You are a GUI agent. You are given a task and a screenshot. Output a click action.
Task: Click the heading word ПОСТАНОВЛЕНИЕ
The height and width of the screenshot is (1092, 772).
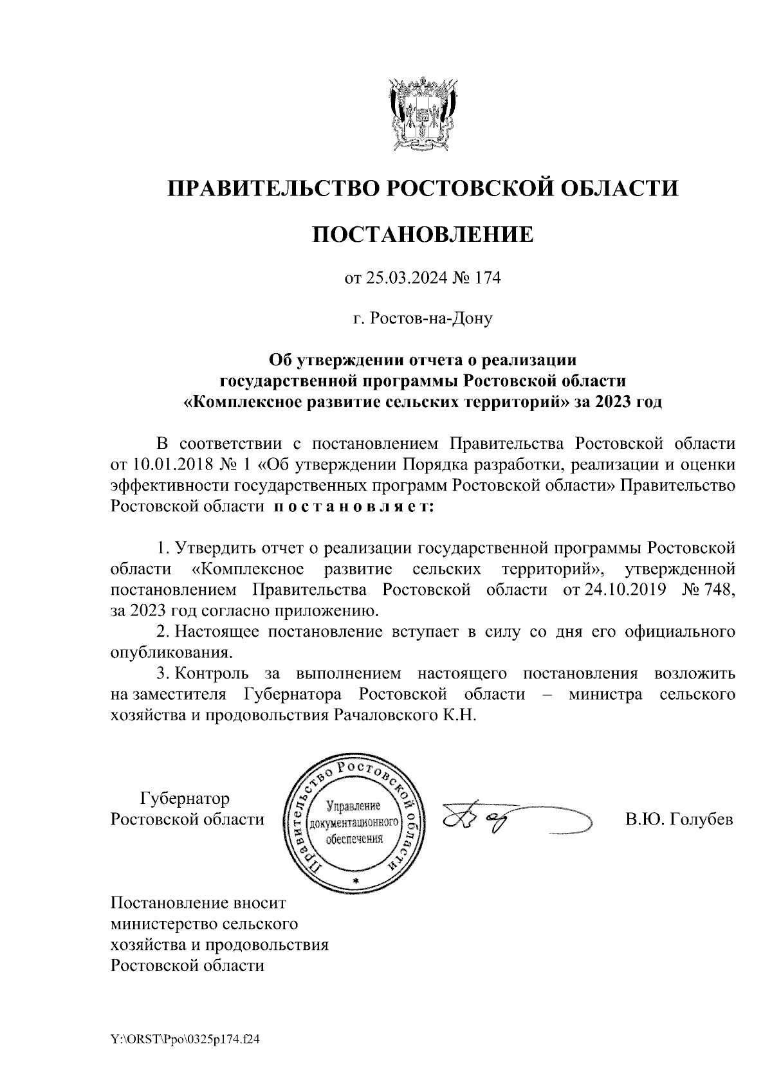point(423,234)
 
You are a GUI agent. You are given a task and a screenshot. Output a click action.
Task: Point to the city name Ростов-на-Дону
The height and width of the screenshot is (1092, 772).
point(430,318)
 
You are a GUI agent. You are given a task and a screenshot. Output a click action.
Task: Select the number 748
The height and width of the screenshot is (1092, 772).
point(717,590)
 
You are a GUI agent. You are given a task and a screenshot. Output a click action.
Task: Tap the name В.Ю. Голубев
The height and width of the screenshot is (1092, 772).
point(679,820)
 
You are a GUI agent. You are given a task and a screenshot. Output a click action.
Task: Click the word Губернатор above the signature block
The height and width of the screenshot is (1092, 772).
point(185,799)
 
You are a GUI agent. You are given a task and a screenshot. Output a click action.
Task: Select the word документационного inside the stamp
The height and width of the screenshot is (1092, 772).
point(354,823)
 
